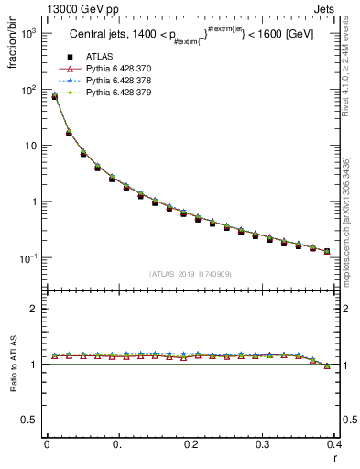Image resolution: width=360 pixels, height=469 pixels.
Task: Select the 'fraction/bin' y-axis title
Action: coord(11,43)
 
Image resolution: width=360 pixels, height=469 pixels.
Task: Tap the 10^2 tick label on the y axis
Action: coord(27,90)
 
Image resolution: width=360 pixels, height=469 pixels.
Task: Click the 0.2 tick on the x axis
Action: coord(191,443)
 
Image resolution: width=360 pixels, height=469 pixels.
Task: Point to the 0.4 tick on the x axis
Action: coord(334,443)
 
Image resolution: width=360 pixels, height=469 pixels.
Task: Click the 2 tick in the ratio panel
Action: coord(35,309)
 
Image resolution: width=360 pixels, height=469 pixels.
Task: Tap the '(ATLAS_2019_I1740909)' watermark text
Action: coord(190,274)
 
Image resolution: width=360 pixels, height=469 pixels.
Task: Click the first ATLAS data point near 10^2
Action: coord(54,96)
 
